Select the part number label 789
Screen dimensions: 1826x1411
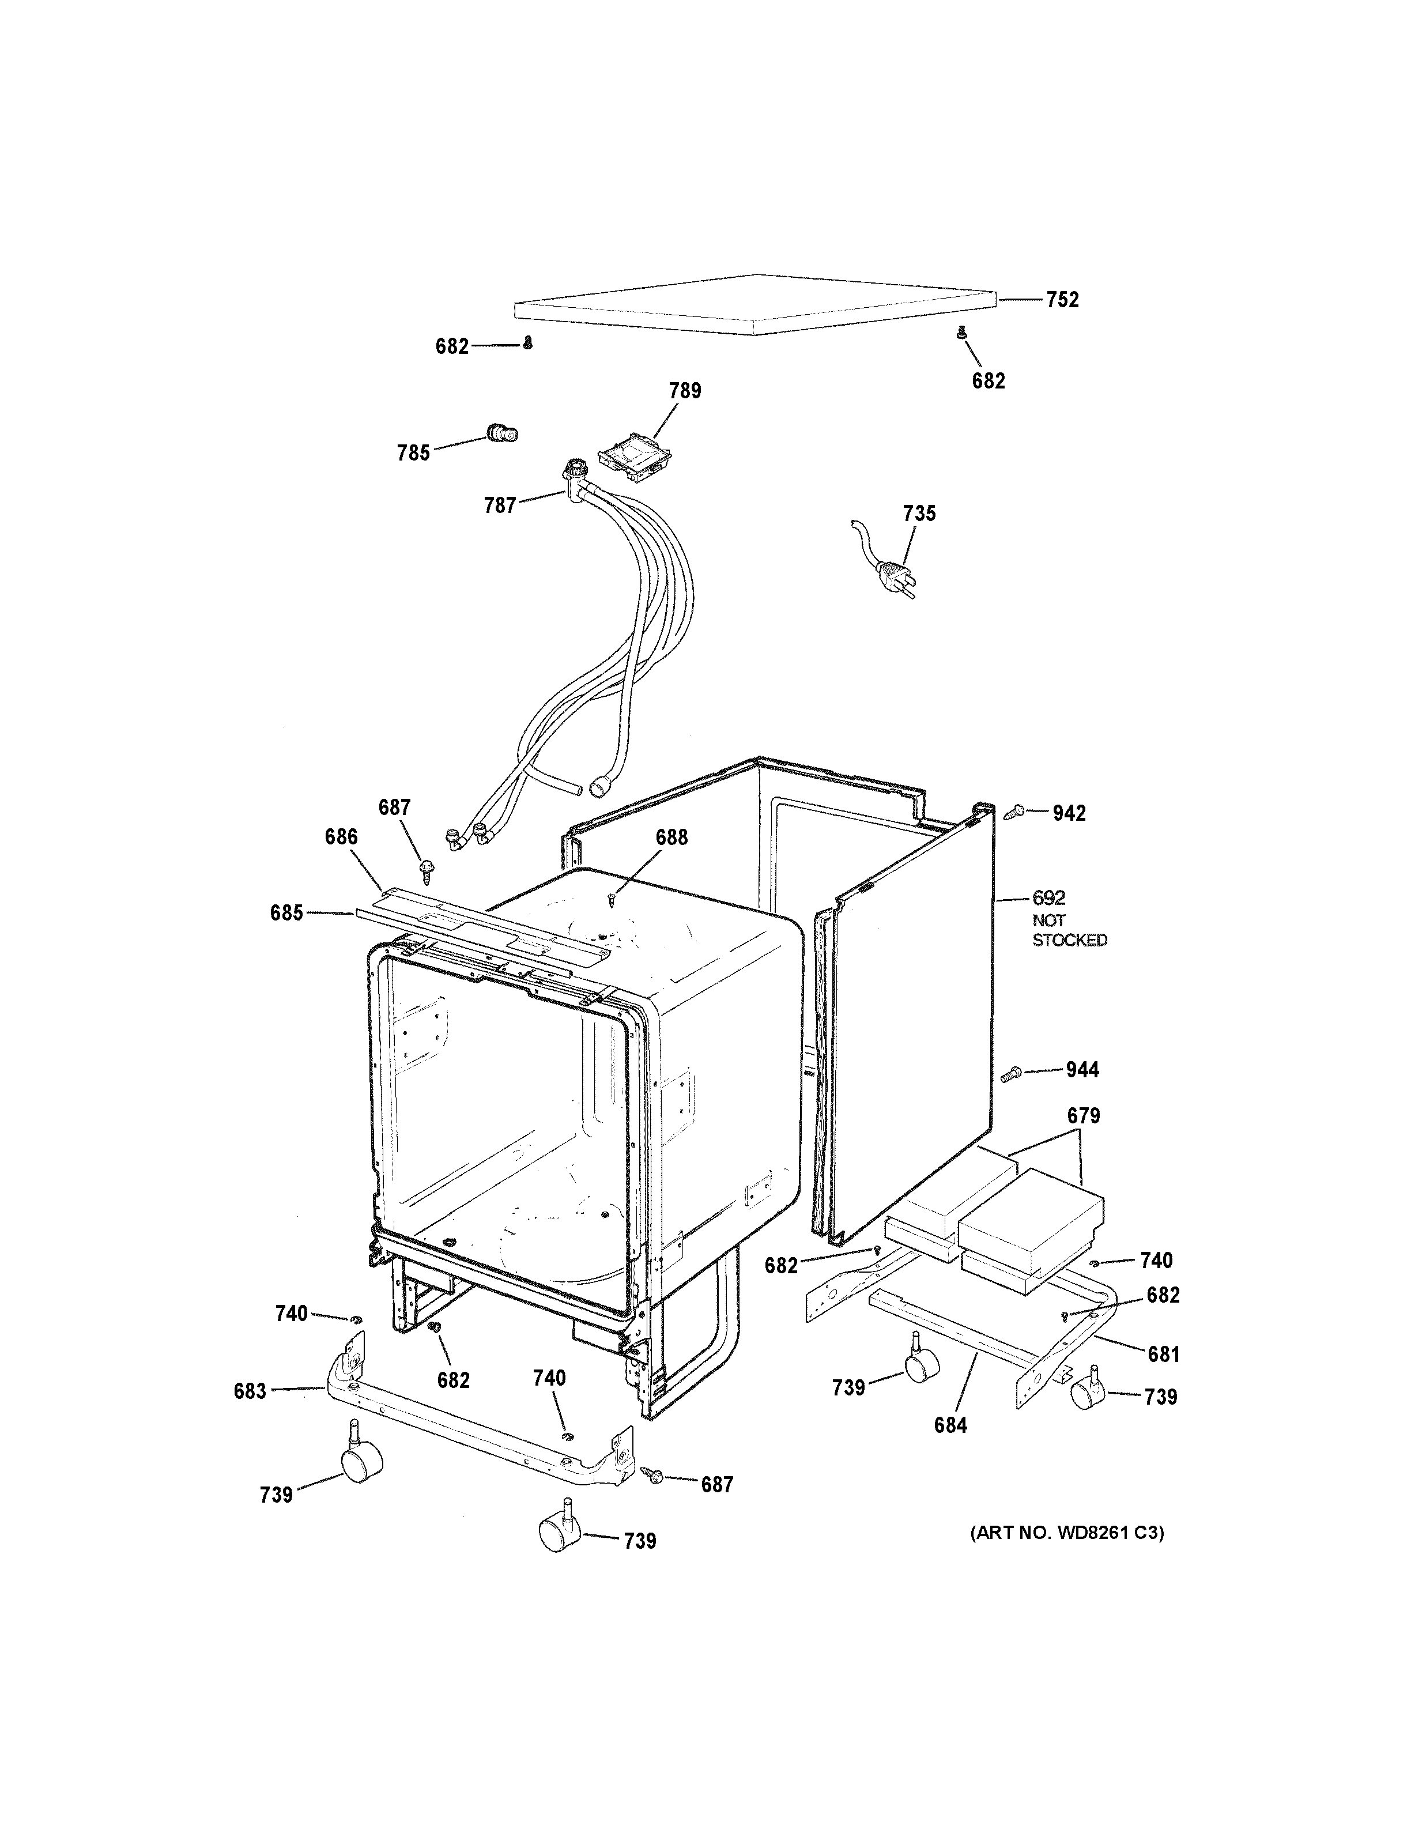click(x=685, y=390)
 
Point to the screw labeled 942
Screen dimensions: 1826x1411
click(x=1015, y=810)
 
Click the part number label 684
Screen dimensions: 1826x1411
click(x=950, y=1425)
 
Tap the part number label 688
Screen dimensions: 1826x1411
click(x=671, y=837)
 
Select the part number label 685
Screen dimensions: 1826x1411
click(x=286, y=913)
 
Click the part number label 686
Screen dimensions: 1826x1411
click(x=341, y=837)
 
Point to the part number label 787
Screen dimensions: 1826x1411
click(x=500, y=505)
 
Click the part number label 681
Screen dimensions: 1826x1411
click(x=1163, y=1353)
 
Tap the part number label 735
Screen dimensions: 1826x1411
click(x=919, y=514)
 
